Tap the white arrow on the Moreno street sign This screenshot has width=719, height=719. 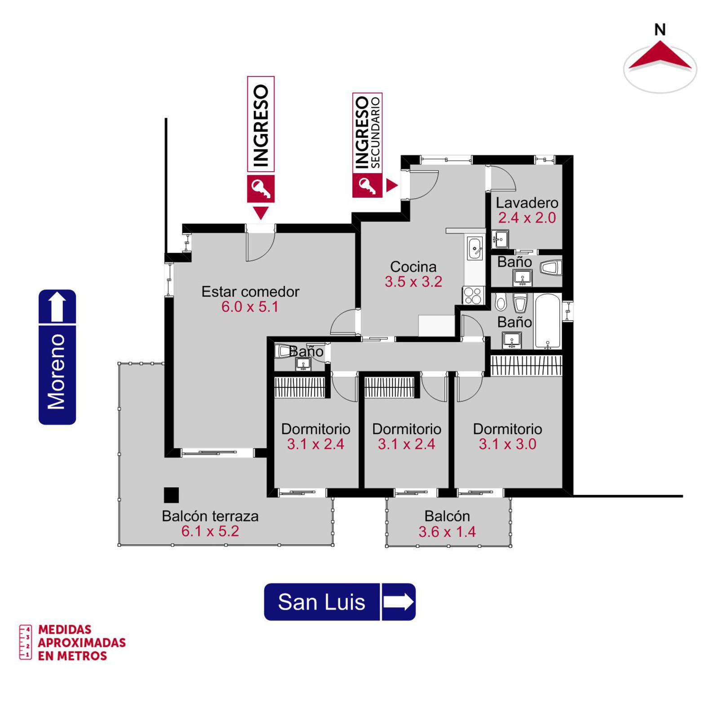coord(57,306)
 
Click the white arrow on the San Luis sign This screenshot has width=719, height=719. coord(398,602)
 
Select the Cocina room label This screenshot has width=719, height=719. coord(413,266)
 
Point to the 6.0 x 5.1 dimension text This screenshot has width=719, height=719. coord(250,306)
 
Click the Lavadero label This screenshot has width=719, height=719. coord(527,203)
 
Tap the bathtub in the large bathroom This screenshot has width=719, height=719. coord(548,321)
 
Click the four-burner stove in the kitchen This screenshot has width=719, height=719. coord(473,296)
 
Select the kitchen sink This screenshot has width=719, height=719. coord(475,249)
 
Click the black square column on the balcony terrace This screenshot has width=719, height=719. coord(171,495)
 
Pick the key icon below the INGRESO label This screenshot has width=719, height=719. coord(261,189)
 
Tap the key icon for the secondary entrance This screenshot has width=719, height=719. coord(367,186)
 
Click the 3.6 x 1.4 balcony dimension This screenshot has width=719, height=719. coord(447,532)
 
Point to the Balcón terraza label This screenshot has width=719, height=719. coord(210,516)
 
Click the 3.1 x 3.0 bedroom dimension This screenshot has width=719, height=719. coord(507,444)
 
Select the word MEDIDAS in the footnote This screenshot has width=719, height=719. coord(65,630)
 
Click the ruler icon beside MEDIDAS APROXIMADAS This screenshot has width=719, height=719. coord(25,642)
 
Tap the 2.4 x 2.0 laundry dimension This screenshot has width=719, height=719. coord(527,217)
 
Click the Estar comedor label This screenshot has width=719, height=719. coord(250,292)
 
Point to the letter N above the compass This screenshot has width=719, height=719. coord(660,30)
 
